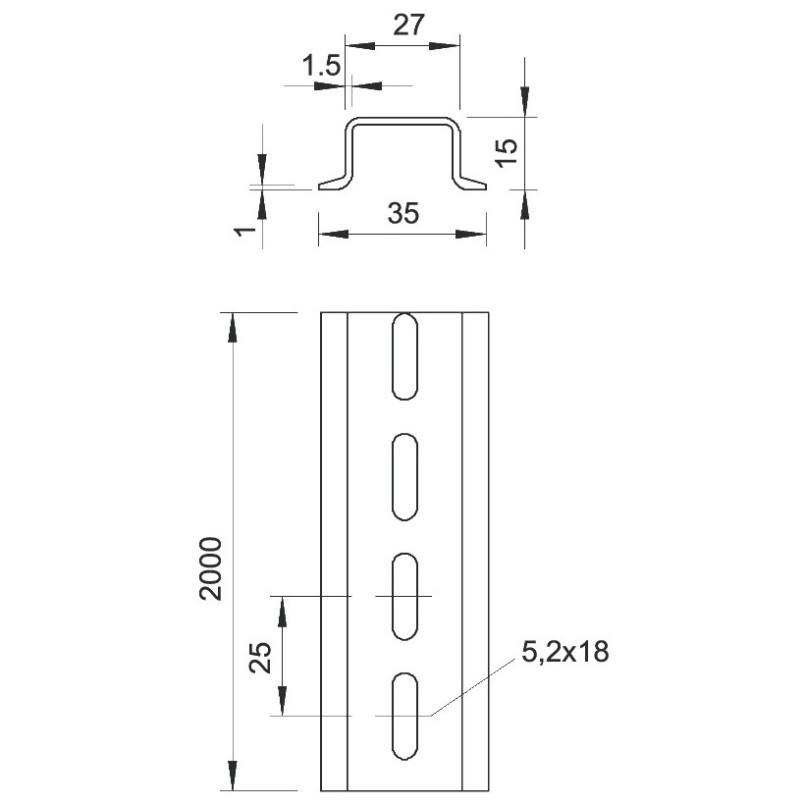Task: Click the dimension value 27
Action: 409,25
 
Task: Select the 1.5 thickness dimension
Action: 321,66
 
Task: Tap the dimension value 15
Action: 507,152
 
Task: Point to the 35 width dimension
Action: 403,213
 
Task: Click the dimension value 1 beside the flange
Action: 245,231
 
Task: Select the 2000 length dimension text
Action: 211,568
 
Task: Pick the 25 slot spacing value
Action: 260,657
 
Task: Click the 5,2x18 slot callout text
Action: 565,652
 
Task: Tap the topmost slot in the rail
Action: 404,356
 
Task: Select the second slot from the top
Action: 404,477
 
